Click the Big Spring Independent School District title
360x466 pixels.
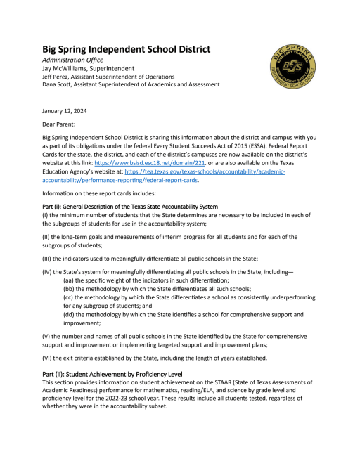click(127, 50)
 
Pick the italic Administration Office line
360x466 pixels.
click(77, 60)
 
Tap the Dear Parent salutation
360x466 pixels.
click(63, 124)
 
